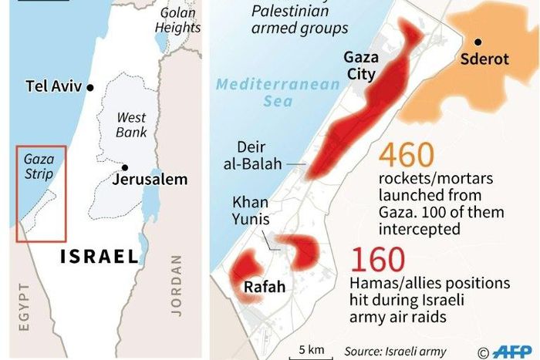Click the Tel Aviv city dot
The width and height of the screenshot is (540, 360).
[x=91, y=87]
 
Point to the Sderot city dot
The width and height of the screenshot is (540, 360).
[x=479, y=42]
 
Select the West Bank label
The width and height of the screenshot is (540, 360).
[x=131, y=125]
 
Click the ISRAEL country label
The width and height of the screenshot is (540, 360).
[x=101, y=257]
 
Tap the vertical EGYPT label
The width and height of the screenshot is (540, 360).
[x=23, y=307]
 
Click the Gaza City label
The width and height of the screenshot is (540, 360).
[x=359, y=66]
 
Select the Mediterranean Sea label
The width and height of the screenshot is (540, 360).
[x=277, y=93]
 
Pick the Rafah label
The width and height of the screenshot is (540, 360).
[x=265, y=288]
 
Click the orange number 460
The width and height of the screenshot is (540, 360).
[x=407, y=157]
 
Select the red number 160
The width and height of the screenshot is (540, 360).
[x=380, y=258]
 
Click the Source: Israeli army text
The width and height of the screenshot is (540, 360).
[x=396, y=351]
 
